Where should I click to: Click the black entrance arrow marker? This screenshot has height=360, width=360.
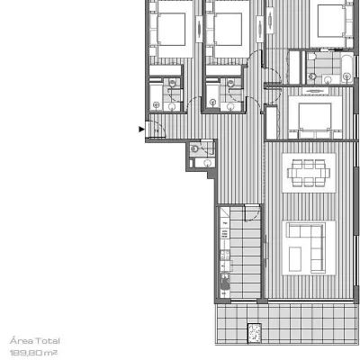(141, 130)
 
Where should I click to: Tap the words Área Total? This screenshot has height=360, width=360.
(35, 341)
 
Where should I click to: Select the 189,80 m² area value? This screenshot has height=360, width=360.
(33, 353)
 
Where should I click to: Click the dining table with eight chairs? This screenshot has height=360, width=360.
(309, 173)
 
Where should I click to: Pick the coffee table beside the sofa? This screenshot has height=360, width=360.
(295, 259)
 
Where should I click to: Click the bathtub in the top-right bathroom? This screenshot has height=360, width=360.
(347, 69)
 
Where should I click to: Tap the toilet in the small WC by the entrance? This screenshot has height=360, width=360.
(194, 148)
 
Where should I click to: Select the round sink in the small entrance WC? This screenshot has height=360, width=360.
(207, 163)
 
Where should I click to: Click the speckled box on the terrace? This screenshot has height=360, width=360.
(254, 333)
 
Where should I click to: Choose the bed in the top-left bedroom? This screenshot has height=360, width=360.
(171, 29)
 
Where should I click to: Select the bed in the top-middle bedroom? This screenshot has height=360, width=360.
(229, 29)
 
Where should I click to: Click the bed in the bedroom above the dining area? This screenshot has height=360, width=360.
(315, 118)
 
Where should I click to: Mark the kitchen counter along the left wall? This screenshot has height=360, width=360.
(225, 253)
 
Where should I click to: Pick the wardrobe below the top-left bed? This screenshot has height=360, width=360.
(166, 70)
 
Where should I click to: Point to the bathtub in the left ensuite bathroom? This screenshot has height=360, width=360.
(156, 94)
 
